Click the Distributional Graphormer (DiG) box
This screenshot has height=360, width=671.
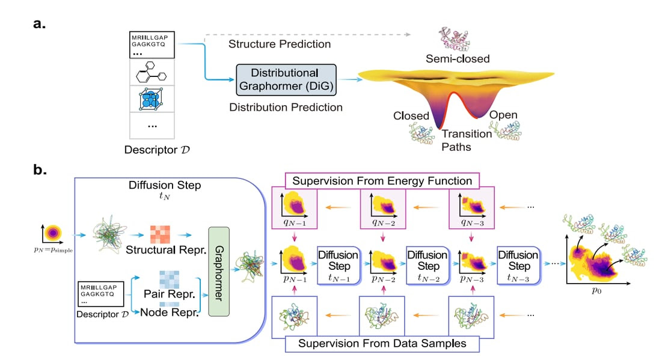click(x=286, y=79)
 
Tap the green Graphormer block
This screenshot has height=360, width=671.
click(x=219, y=272)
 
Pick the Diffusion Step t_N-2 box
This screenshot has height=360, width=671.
click(x=428, y=266)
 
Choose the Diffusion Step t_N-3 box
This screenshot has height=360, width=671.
click(x=519, y=266)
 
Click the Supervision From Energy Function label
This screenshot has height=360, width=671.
click(x=382, y=181)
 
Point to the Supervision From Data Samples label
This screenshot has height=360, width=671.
click(x=382, y=344)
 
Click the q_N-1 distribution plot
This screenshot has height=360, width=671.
click(x=295, y=208)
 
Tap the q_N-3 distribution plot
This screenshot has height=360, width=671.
click(x=471, y=208)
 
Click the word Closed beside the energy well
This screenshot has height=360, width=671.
click(x=411, y=116)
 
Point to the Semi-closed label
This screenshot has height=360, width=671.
click(x=458, y=58)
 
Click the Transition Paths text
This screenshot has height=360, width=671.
click(x=467, y=140)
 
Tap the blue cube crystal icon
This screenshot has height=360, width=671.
click(x=151, y=99)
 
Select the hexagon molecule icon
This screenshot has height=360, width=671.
click(x=151, y=72)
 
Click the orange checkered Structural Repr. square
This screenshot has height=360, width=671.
click(x=160, y=234)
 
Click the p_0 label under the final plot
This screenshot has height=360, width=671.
click(x=596, y=291)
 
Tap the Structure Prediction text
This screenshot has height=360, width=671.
click(x=280, y=44)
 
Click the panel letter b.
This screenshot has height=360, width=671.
click(x=40, y=169)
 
